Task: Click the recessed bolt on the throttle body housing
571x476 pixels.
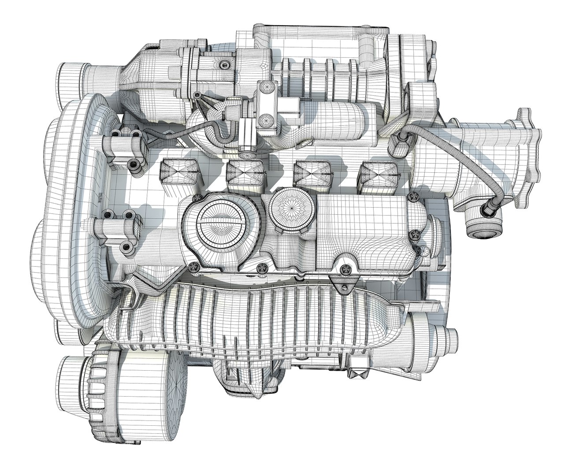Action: pos(225,65)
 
